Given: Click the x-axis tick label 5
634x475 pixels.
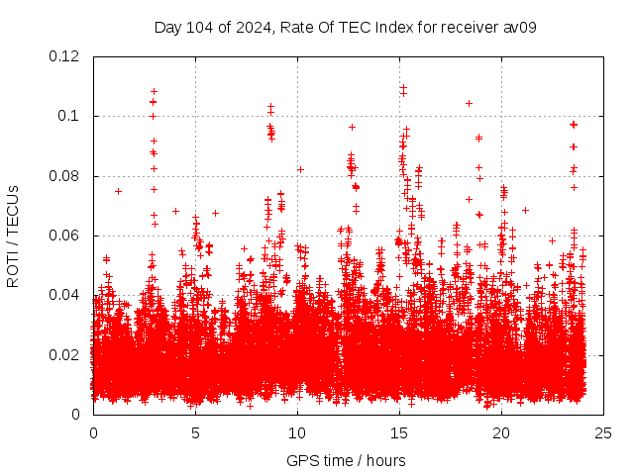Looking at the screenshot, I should point(195,433).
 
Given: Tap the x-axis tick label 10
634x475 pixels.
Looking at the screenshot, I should point(297,433).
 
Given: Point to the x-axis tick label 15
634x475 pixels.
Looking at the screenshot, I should point(399,433).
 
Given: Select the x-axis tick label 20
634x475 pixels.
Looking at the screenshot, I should point(501,433).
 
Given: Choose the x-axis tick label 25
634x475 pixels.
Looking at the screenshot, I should point(603,433).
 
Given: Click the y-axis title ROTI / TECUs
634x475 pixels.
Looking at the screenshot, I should point(14,236).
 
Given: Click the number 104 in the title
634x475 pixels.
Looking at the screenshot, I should point(201,27).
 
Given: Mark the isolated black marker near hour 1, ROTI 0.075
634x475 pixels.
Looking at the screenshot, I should point(118,191).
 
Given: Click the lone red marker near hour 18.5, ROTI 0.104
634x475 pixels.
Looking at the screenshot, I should point(469,103).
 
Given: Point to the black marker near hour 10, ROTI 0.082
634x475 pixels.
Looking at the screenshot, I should point(300,170).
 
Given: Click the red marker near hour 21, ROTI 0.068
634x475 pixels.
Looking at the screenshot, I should point(525,210).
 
